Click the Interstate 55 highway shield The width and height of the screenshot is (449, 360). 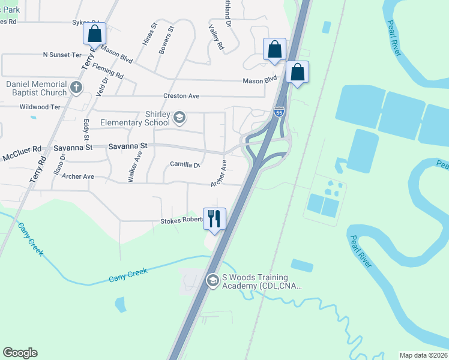click(279, 112)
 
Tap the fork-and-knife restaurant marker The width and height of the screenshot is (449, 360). click(215, 218)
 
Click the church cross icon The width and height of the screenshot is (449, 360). click(75, 88)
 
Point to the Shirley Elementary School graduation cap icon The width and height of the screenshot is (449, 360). click(179, 117)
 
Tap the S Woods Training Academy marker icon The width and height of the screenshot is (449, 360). click(212, 281)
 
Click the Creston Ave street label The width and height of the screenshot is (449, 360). click(181, 96)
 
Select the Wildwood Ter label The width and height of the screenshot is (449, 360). click(40, 107)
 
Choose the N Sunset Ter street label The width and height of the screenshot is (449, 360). click(62, 55)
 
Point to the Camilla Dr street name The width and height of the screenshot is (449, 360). click(184, 164)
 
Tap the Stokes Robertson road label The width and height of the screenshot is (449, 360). click(181, 221)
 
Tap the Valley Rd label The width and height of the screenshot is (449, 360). click(216, 37)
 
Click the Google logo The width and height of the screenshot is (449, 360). click(20, 353)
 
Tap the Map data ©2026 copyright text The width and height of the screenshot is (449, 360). click(423, 355)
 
